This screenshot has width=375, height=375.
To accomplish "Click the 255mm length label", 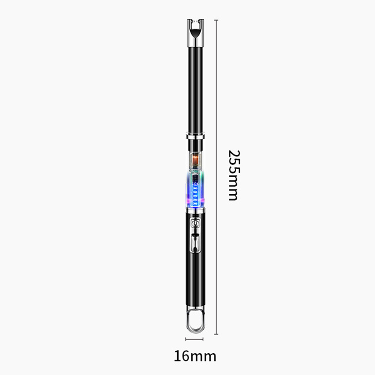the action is click(x=234, y=175).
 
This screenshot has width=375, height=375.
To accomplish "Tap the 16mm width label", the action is click(x=195, y=356).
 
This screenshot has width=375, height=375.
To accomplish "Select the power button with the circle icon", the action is click(x=195, y=223).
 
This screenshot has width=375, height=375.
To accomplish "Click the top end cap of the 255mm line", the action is click(x=216, y=20).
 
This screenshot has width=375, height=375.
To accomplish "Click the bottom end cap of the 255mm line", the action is click(x=216, y=334).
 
